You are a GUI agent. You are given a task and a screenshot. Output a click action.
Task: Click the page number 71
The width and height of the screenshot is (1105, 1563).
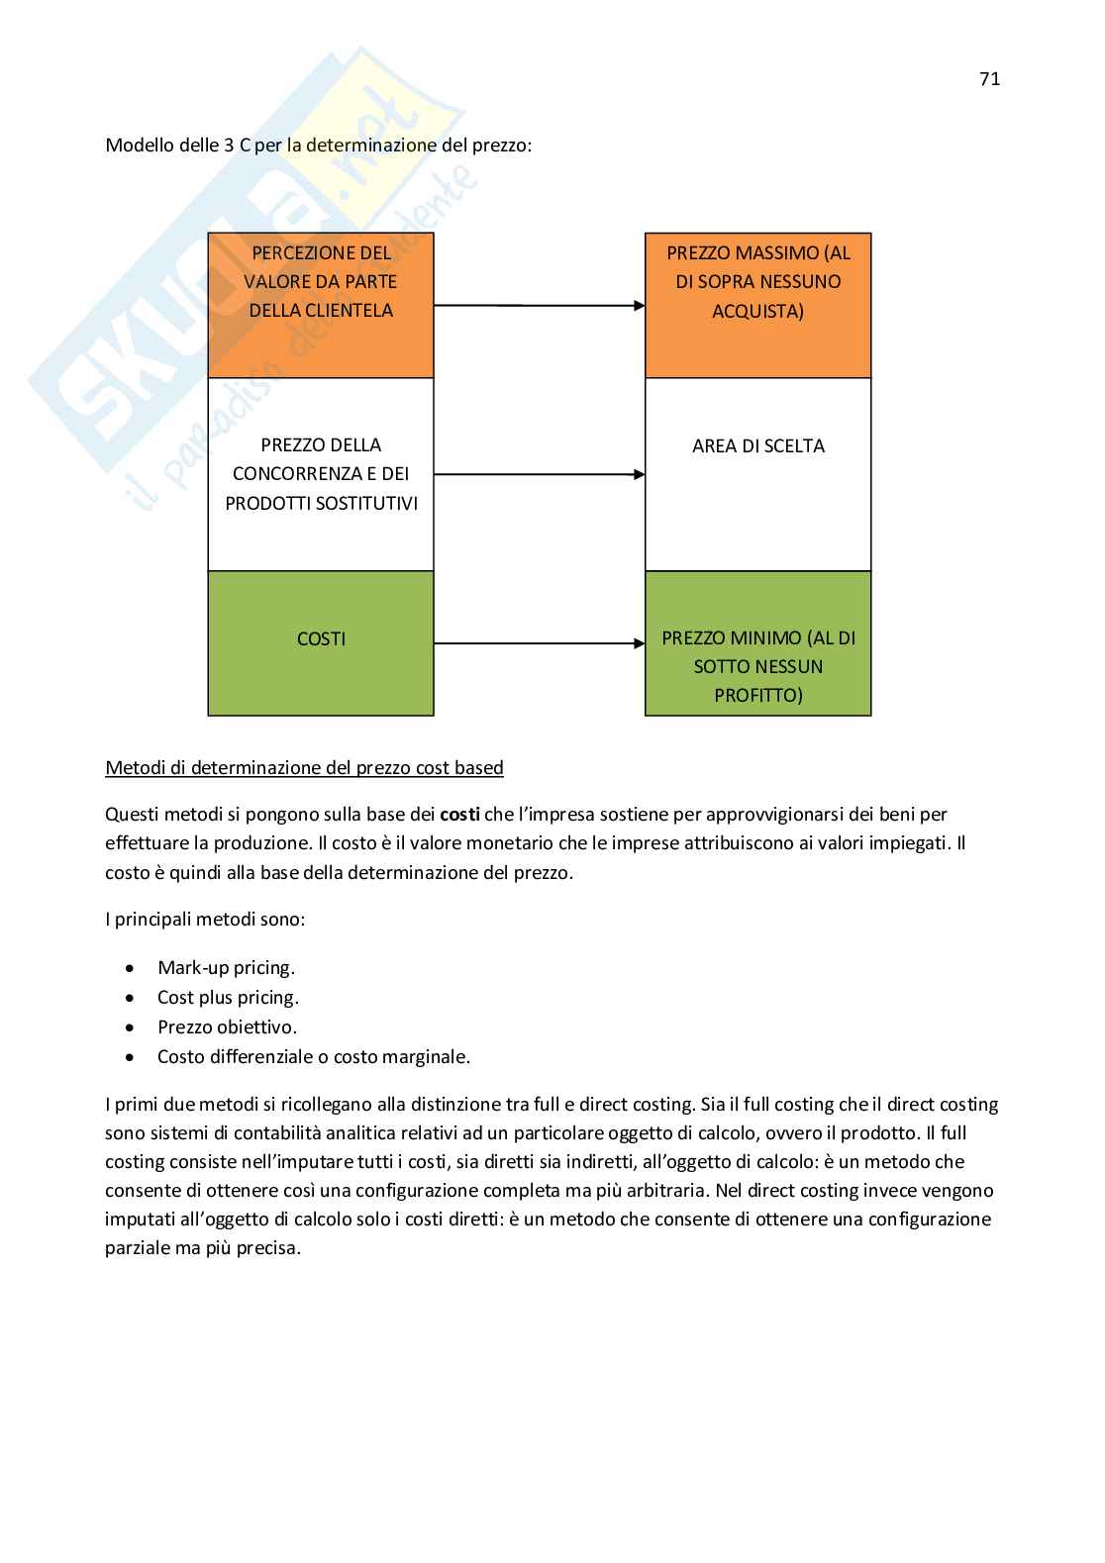(989, 80)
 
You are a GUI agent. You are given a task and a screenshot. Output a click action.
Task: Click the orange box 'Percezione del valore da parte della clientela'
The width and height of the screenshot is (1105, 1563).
(321, 305)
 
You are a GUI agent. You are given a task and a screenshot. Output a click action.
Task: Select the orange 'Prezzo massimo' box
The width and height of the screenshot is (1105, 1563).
(757, 305)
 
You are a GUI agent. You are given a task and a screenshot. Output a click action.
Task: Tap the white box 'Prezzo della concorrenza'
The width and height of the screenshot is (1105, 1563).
(321, 474)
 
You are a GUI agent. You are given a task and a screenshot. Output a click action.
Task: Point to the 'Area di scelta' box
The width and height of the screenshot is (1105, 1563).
(757, 474)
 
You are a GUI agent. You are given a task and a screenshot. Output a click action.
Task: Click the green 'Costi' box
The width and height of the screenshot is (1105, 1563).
(321, 642)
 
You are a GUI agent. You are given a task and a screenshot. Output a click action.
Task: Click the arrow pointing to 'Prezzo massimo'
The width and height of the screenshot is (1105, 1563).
(540, 306)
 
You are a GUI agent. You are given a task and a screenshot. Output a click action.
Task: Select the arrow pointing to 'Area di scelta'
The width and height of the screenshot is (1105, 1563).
(540, 475)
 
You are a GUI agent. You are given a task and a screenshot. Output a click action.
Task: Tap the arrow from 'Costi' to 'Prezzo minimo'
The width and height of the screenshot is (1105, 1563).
(540, 643)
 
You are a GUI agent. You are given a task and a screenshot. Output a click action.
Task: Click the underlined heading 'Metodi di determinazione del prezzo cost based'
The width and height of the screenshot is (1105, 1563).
(304, 768)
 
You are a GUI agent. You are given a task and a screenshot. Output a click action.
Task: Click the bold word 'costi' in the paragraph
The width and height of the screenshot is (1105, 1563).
(459, 815)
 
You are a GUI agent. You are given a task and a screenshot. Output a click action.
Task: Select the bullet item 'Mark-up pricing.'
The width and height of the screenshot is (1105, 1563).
(226, 968)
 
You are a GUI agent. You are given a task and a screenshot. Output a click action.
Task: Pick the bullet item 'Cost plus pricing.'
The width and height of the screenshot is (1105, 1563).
(228, 998)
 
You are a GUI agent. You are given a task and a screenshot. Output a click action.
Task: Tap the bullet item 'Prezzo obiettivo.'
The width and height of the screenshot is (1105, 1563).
(227, 1027)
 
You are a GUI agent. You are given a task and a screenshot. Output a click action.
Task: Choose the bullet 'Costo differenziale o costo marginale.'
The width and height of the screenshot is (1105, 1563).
(314, 1057)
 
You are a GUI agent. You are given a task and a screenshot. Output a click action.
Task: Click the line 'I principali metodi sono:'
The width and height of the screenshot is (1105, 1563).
(205, 920)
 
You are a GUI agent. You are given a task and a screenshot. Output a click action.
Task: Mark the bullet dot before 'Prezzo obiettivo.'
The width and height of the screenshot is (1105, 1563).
(131, 1027)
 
